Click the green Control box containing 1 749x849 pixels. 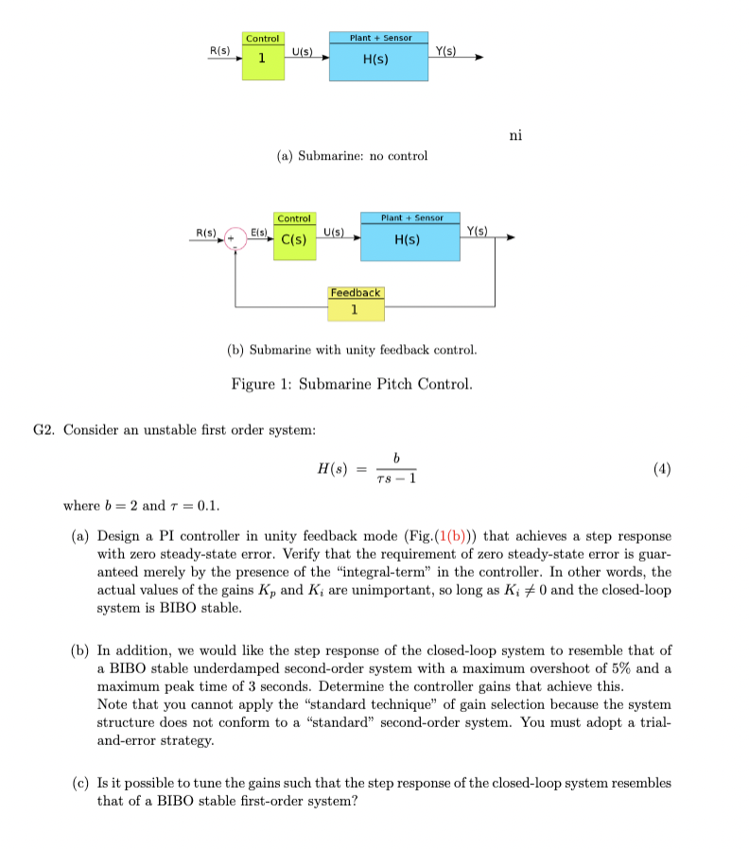click(262, 56)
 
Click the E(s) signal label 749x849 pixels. click(259, 231)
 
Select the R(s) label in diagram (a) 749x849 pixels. click(219, 48)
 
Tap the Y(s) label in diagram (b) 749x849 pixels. click(478, 230)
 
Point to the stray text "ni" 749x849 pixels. click(515, 135)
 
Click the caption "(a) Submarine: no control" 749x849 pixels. click(352, 155)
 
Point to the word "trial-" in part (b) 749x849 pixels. click(654, 723)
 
